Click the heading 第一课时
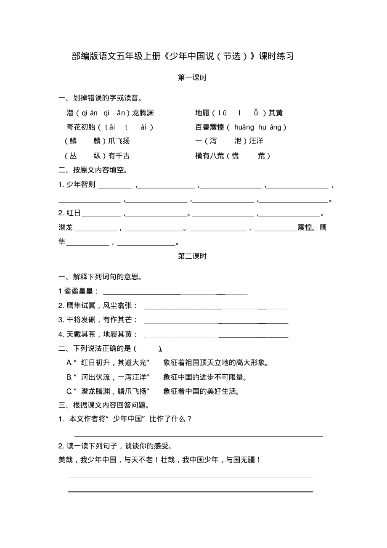tap(192, 78)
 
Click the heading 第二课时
tap(192, 256)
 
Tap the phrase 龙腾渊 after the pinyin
tap(143, 113)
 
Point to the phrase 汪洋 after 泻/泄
tap(256, 141)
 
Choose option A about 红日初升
tap(168, 363)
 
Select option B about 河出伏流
tap(160, 377)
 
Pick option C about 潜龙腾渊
tap(156, 392)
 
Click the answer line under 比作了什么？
tap(199, 436)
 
